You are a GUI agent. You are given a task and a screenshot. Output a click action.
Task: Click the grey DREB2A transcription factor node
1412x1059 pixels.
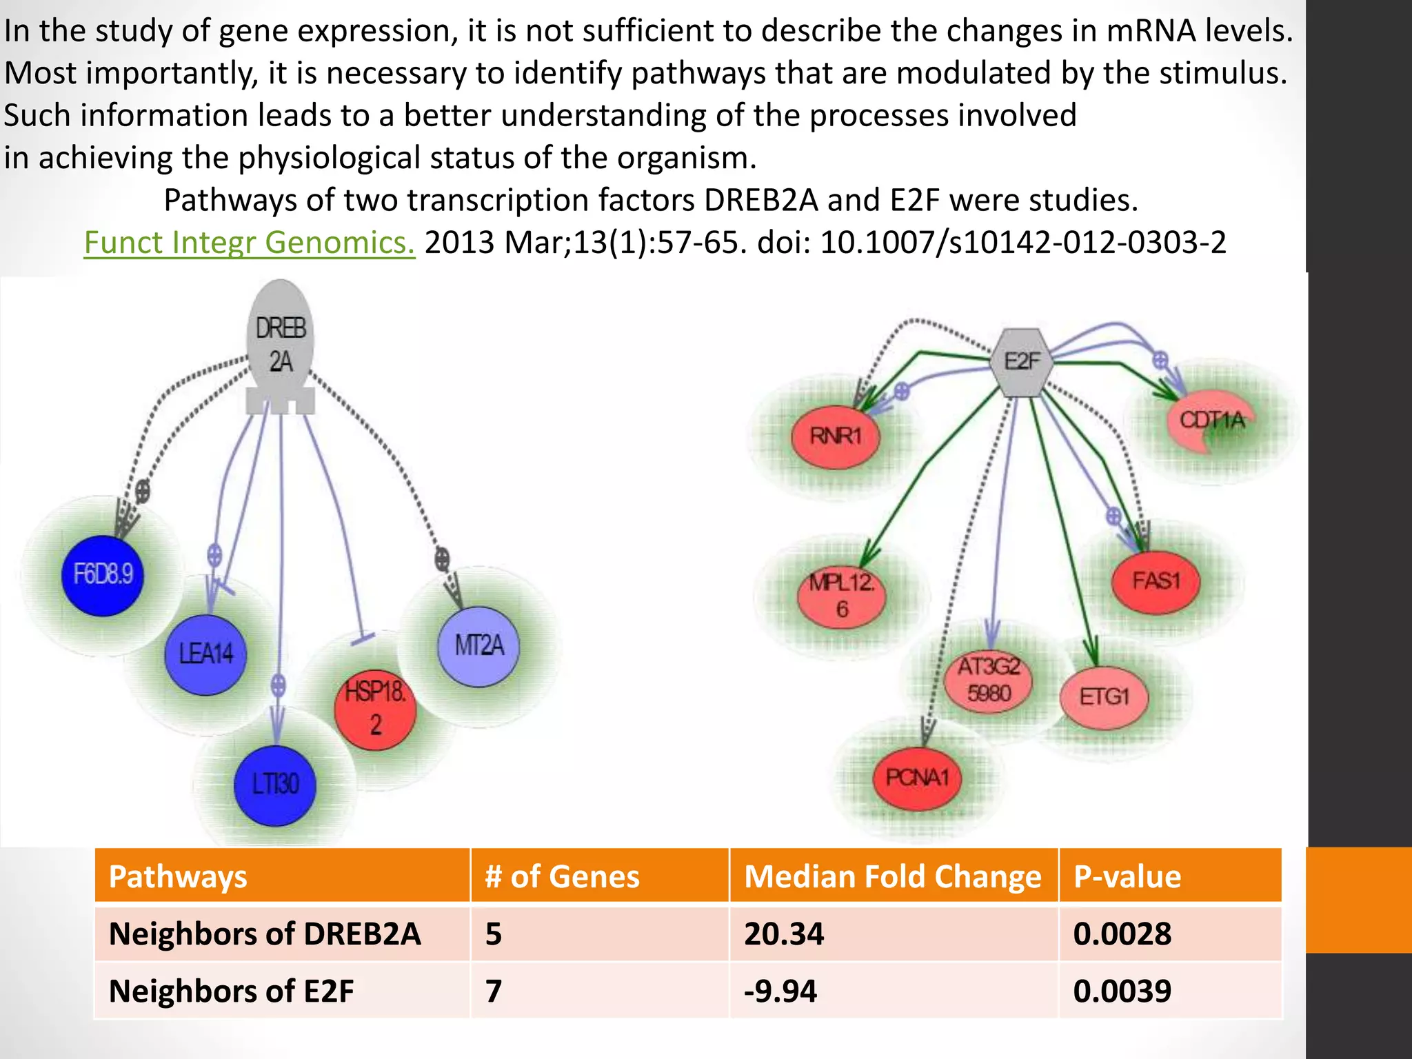(281, 345)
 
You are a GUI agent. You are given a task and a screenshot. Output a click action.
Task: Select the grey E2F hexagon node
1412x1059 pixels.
(1022, 362)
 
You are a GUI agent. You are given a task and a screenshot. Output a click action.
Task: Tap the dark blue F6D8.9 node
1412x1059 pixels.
(103, 574)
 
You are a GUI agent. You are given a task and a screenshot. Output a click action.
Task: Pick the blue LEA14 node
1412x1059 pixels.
(205, 654)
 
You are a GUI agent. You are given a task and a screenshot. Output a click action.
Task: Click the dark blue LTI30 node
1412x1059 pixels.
(275, 785)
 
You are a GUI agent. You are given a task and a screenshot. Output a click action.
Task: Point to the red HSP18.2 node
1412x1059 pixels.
(375, 710)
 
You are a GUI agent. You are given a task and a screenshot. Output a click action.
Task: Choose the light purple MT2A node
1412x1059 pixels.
(478, 646)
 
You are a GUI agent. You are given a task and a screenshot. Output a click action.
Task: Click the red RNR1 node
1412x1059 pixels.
(836, 436)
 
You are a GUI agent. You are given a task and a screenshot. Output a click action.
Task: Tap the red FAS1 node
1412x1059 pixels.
(1156, 581)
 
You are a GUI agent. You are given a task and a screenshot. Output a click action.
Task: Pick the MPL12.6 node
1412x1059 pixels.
(841, 596)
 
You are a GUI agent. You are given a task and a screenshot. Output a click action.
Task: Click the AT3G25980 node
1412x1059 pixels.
(989, 680)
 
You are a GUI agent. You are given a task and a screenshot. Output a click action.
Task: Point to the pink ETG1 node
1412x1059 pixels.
(1104, 698)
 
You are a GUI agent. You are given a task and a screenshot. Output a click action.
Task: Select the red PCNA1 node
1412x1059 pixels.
(917, 778)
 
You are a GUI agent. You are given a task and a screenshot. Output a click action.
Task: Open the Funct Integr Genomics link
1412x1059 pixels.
(249, 243)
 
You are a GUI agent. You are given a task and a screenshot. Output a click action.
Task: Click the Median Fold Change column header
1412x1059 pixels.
(893, 876)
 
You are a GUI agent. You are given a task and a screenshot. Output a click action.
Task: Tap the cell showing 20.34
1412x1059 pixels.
(784, 934)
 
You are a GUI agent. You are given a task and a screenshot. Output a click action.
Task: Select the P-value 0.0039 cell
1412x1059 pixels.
(1122, 991)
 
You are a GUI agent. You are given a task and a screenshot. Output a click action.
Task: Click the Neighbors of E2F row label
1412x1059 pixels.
(231, 991)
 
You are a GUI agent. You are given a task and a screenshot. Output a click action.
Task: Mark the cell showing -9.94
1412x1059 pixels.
(780, 991)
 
